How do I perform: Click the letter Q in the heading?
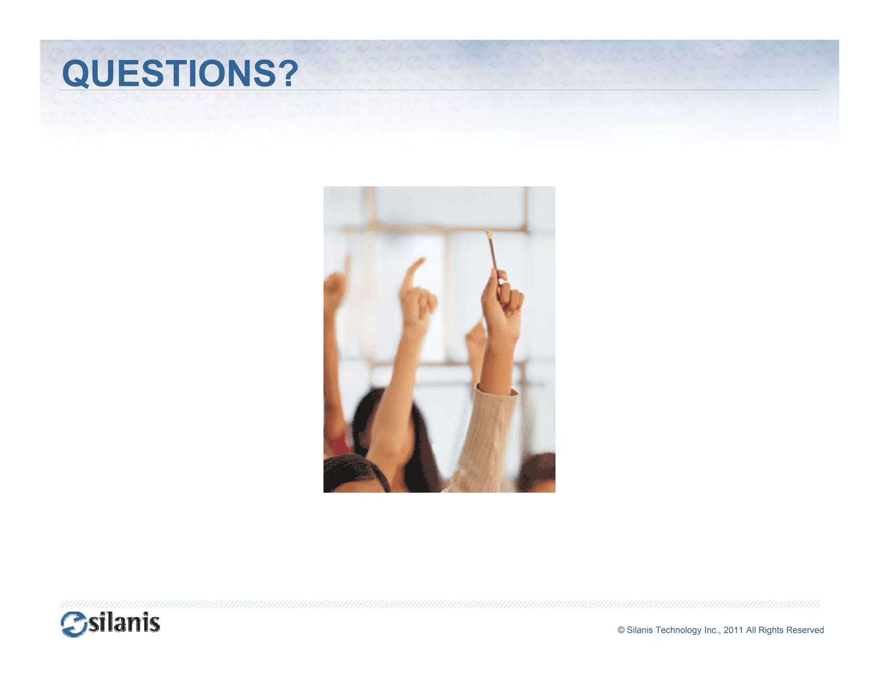point(76,74)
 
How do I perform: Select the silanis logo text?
point(124,623)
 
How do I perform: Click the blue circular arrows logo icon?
point(74,624)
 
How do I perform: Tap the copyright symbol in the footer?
point(621,630)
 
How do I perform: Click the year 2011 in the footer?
point(733,630)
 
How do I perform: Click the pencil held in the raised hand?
point(492,251)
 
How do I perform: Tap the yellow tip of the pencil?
point(489,234)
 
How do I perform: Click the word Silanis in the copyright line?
point(640,630)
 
